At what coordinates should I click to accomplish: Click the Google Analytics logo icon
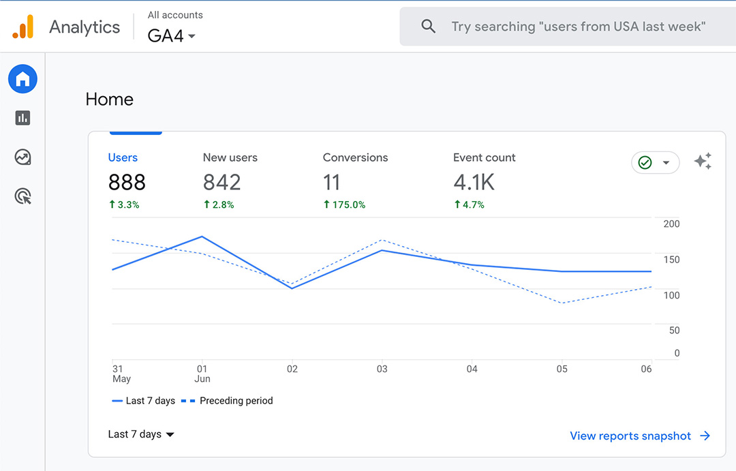[x=22, y=27]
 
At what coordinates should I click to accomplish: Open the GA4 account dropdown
[x=172, y=35]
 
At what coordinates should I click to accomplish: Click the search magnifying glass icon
[x=428, y=27]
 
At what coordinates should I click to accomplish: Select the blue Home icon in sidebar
[x=22, y=80]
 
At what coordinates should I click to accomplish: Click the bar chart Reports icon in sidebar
[x=22, y=118]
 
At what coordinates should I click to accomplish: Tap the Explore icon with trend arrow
[x=22, y=157]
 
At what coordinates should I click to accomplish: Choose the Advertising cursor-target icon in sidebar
[x=22, y=197]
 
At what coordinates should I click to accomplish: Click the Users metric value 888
[x=127, y=182]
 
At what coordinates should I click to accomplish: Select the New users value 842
[x=221, y=182]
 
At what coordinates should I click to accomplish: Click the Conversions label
[x=355, y=157]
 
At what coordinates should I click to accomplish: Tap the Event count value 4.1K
[x=474, y=182]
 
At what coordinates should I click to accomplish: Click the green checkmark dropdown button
[x=655, y=163]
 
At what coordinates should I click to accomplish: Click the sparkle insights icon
[x=703, y=162]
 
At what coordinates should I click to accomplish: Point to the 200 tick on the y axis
[x=671, y=224]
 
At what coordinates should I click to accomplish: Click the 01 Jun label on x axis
[x=202, y=374]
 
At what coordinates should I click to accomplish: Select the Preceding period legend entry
[x=228, y=401]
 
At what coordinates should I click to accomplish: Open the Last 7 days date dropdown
[x=141, y=434]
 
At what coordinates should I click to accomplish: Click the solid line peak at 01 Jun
[x=202, y=237]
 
